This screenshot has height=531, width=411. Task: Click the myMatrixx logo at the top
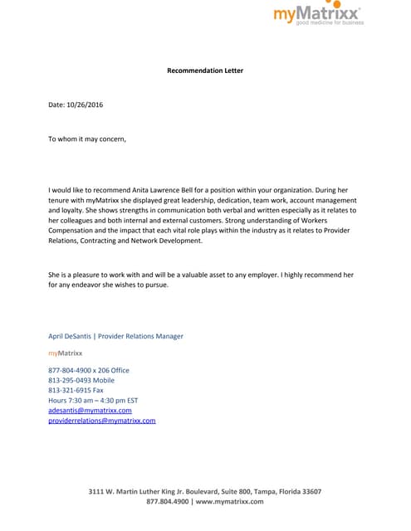(x=318, y=12)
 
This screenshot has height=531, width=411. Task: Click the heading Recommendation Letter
(x=205, y=71)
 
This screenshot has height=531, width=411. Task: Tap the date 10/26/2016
(x=85, y=105)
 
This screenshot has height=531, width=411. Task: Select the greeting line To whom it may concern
(x=87, y=139)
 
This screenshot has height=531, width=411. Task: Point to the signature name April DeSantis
(x=70, y=336)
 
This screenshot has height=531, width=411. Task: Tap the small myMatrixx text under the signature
(x=65, y=353)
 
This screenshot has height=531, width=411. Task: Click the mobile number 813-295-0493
(x=71, y=380)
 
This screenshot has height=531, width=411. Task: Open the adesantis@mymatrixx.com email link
(x=90, y=410)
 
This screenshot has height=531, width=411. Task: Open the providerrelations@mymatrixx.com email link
(x=102, y=421)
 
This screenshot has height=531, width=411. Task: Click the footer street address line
(x=205, y=491)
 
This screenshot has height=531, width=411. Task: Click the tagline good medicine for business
(x=330, y=23)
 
